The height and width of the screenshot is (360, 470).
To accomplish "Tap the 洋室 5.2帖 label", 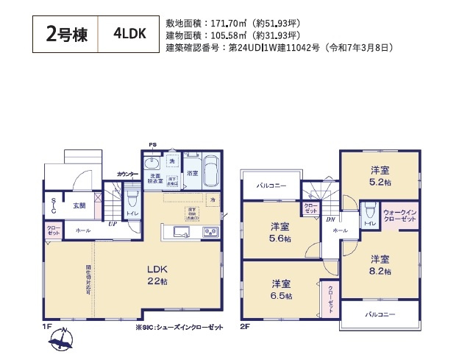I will pyautogui.click(x=380, y=174).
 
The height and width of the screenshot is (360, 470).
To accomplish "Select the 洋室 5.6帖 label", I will pyautogui.click(x=280, y=233).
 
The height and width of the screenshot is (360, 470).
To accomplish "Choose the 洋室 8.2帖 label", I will pyautogui.click(x=380, y=264).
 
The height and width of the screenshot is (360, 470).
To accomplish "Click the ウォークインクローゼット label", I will pyautogui.click(x=399, y=216).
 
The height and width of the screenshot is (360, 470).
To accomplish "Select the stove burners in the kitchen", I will pyautogui.click(x=209, y=233).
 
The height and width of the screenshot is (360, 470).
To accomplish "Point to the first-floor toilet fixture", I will pyautogui.click(x=132, y=200).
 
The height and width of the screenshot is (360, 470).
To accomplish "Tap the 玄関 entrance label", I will pyautogui.click(x=79, y=206).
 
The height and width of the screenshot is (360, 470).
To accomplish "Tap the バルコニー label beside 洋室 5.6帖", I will pyautogui.click(x=270, y=187).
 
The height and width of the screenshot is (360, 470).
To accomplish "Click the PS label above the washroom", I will pyautogui.click(x=153, y=145).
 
